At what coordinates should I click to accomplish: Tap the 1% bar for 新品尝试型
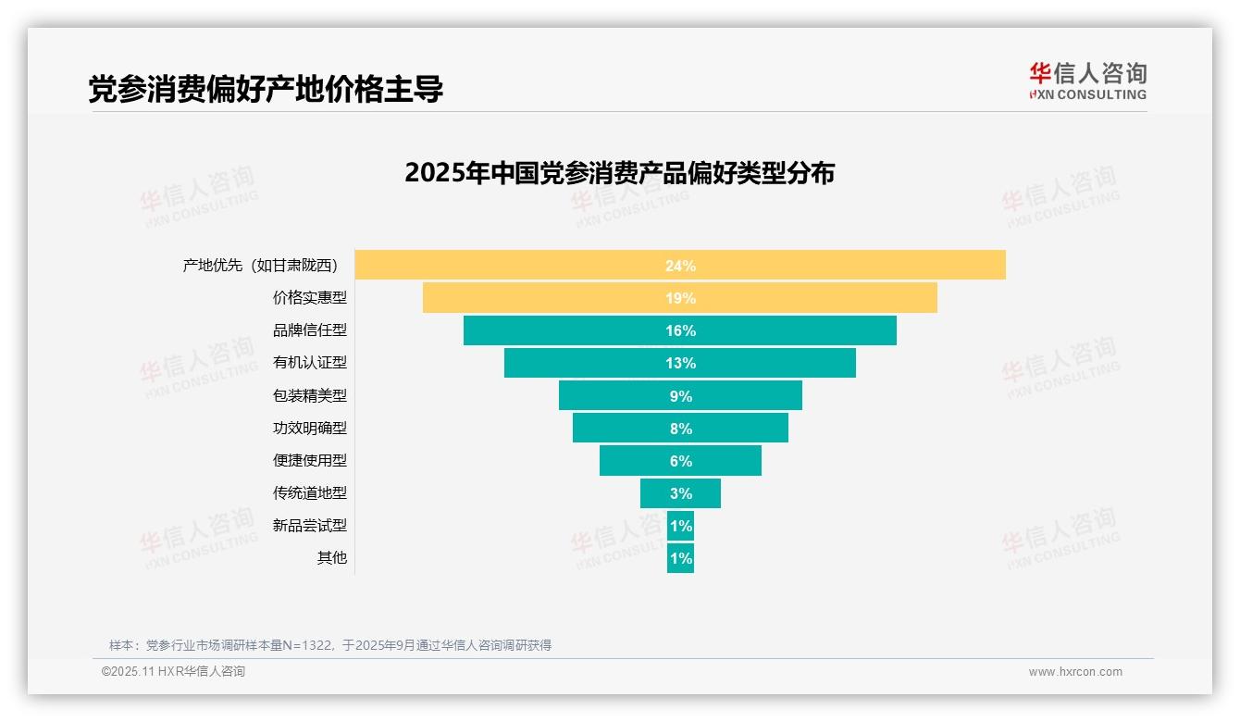coord(680,526)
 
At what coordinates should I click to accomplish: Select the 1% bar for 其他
coord(680,558)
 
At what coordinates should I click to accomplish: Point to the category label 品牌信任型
coord(309,330)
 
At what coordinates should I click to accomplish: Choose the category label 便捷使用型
coord(309,460)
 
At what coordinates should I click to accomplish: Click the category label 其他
coord(331,558)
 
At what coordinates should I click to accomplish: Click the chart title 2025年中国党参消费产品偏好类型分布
coord(619,173)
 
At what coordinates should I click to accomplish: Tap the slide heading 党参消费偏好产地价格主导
coord(266,89)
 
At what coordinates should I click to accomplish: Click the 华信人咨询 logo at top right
coord(1087,81)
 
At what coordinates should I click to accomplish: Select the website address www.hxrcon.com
coord(1074,672)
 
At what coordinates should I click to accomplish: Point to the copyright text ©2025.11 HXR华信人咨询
coord(173,672)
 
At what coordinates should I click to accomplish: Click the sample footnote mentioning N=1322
coord(330,645)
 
